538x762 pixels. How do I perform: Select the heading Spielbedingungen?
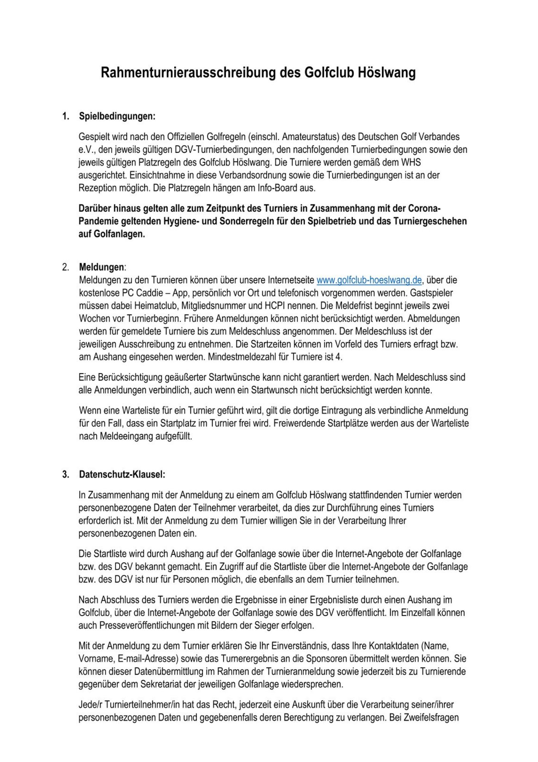coord(117,116)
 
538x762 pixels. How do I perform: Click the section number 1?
coord(66,116)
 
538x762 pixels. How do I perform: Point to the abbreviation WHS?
coord(411,162)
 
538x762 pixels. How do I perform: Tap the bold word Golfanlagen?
coord(112,234)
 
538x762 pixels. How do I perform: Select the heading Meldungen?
coord(102,267)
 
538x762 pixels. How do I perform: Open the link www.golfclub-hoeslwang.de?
coord(369,280)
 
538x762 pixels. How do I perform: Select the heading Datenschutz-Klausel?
coord(122,474)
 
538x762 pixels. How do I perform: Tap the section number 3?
coord(66,474)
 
